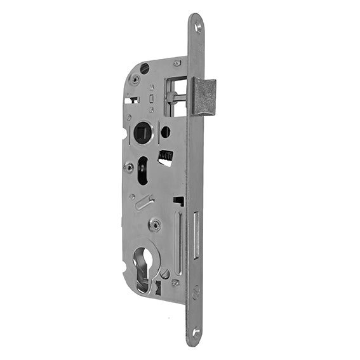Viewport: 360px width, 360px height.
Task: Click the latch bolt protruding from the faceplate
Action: (204, 96)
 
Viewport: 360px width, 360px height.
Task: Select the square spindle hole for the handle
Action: (141, 133)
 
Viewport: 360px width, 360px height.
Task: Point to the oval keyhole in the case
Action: (142, 170)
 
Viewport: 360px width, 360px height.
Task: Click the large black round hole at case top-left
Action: (145, 69)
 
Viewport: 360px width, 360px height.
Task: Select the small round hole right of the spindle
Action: (165, 132)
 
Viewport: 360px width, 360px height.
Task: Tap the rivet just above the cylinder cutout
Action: (154, 225)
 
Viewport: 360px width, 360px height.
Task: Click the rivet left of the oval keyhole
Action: (129, 168)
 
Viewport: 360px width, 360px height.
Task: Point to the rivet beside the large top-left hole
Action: (135, 80)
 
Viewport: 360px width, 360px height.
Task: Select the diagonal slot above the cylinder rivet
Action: (144, 203)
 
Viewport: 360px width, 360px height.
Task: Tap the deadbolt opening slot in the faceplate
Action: (196, 236)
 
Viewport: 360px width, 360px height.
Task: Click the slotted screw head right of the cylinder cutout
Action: (164, 274)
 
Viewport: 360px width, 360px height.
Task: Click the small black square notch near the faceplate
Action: (180, 201)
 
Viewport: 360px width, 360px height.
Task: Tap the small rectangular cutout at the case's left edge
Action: (132, 100)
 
